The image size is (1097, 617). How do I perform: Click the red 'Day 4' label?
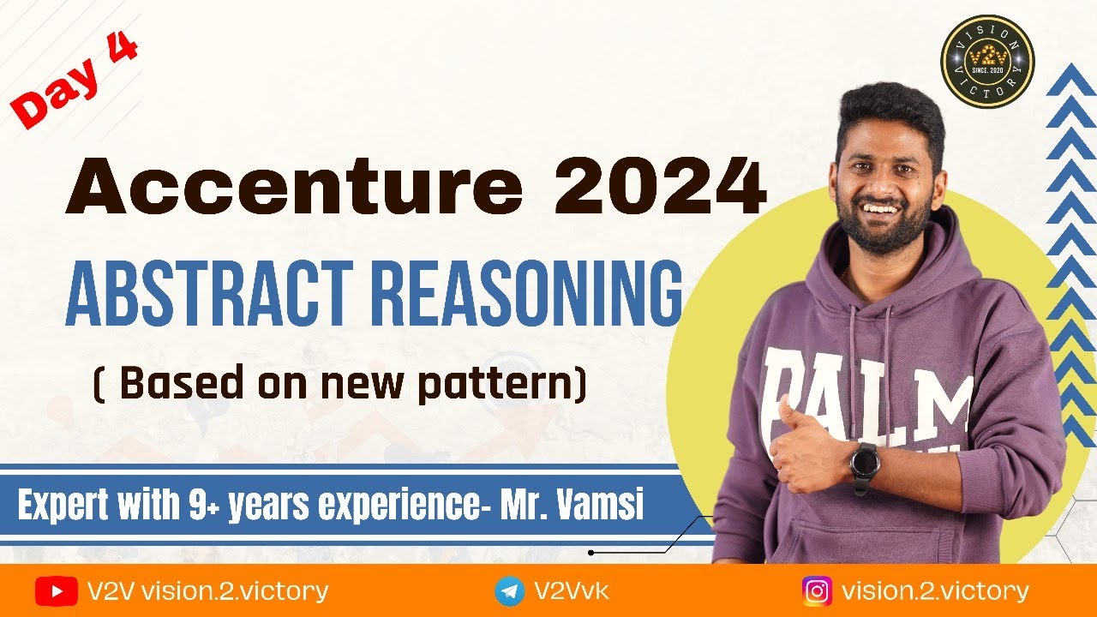pyautogui.click(x=75, y=79)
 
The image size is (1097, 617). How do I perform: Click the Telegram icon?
pyautogui.click(x=510, y=591)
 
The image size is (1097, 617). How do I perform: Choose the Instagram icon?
pyautogui.click(x=818, y=591)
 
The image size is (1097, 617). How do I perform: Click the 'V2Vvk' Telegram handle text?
pyautogui.click(x=572, y=591)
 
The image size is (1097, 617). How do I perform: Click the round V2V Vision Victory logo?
pyautogui.click(x=987, y=61)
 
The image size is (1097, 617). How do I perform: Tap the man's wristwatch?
pyautogui.click(x=865, y=464)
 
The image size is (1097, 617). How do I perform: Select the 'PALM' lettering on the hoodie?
pyautogui.click(x=866, y=390)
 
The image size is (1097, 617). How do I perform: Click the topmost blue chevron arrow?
pyautogui.click(x=1071, y=82)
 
